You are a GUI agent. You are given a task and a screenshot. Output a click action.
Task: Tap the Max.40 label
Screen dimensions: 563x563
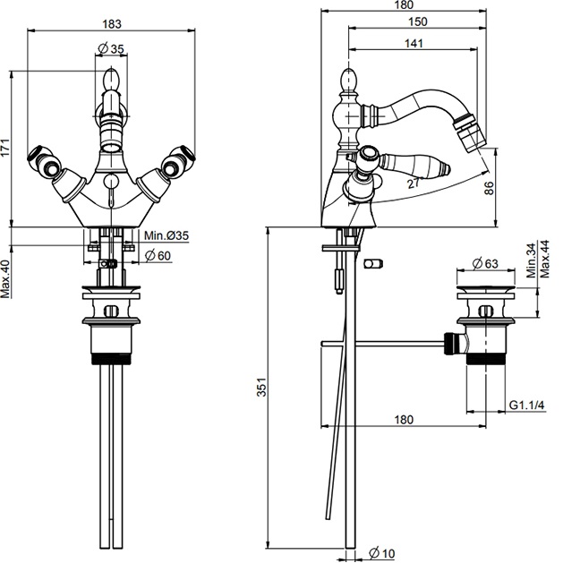point(6,279)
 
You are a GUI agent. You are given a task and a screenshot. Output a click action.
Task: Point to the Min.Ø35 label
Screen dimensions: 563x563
point(166,236)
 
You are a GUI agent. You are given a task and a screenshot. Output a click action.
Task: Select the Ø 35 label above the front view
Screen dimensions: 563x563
point(111,47)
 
